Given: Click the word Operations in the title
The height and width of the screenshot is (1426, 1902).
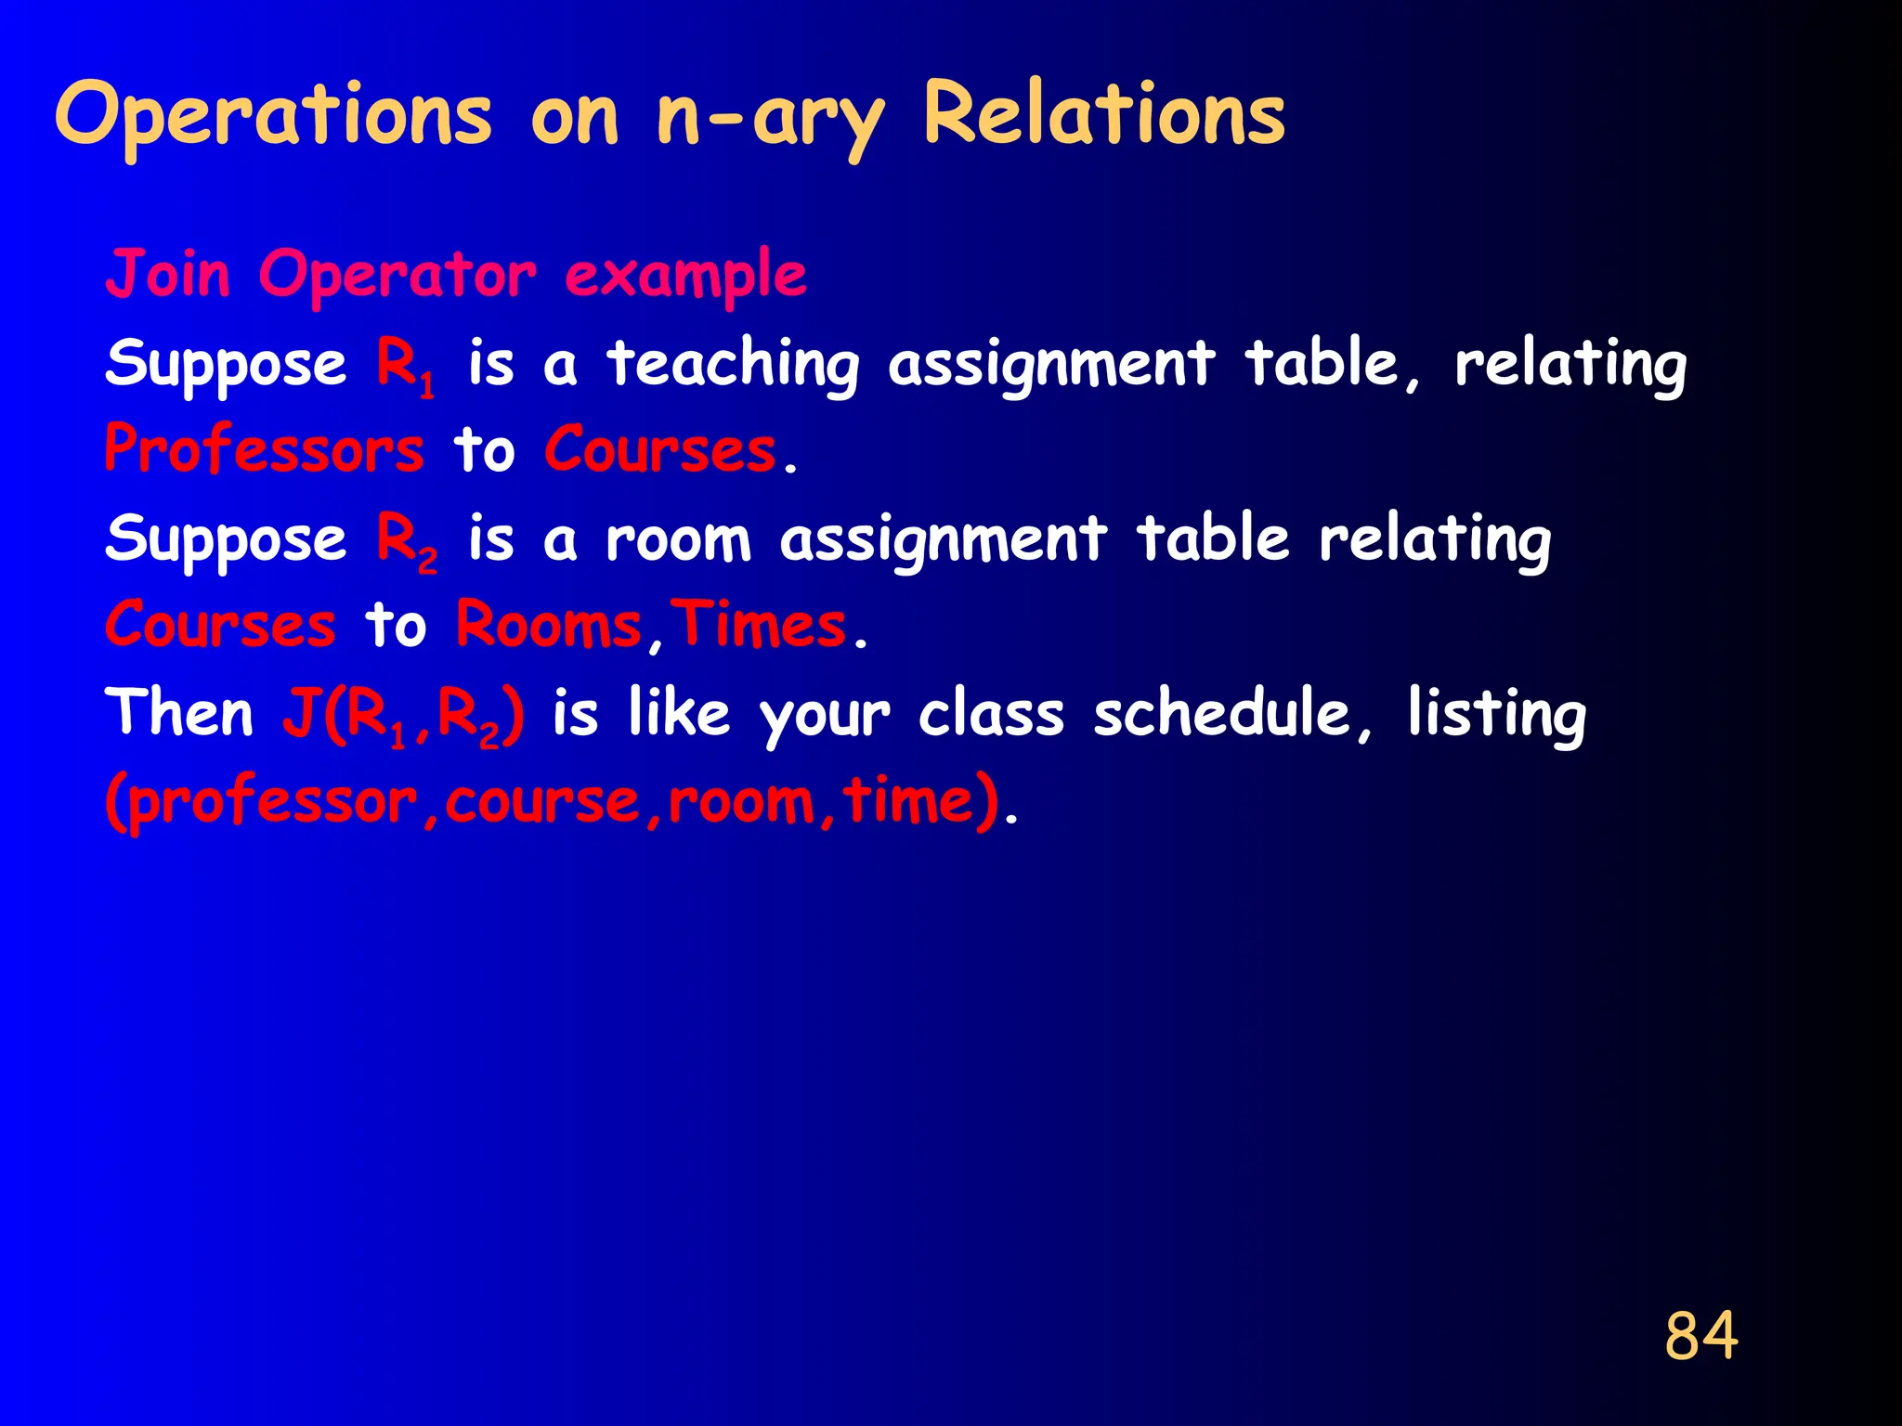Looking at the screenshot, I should tap(273, 115).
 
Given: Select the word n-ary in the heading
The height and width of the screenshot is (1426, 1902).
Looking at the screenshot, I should tap(770, 119).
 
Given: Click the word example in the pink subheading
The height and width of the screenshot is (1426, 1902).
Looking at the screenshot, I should tap(685, 277).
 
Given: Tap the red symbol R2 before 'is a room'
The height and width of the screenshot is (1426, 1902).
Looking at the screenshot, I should tap(407, 540).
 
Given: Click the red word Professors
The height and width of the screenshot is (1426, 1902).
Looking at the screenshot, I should tap(264, 450).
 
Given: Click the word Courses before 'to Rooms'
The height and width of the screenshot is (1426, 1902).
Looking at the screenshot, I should tap(220, 625).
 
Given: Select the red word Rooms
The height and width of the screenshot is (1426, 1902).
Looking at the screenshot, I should tap(549, 625).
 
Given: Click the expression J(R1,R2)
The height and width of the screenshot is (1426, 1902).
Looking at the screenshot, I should tap(403, 715).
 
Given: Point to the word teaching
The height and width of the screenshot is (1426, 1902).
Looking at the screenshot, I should tap(734, 364).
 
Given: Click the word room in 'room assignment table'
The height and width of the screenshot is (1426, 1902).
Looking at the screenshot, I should tap(678, 540).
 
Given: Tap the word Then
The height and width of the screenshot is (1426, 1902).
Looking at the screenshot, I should tap(178, 713).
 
